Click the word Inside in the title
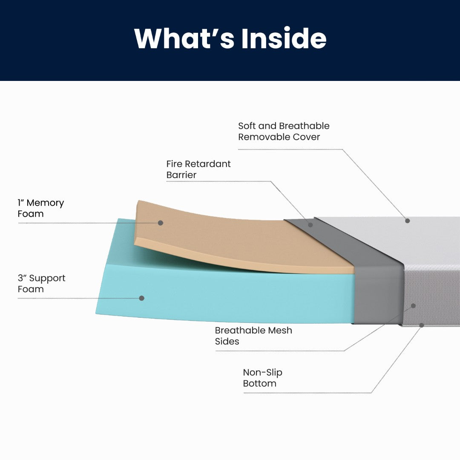pos(284,39)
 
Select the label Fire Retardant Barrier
pos(198,169)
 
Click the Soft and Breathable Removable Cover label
pos(284,131)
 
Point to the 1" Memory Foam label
pos(40,208)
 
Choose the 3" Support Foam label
pos(41,283)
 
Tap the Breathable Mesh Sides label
pos(253,336)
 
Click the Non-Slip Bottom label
pos(262,378)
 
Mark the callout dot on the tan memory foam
pos(161,223)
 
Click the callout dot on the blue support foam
pos(142,298)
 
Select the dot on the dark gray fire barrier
pos(310,224)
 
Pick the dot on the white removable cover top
pos(407,221)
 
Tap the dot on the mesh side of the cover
pos(413,306)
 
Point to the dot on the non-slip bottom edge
pos(421,325)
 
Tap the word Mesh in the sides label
pos(280,330)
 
